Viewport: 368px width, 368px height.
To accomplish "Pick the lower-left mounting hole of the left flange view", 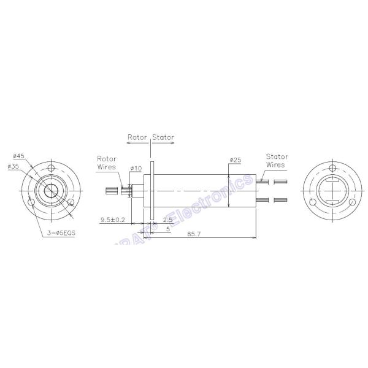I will tap(29, 201).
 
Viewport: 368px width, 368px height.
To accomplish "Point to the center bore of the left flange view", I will tap(52, 191).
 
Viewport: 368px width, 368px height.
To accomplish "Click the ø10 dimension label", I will tap(136, 167).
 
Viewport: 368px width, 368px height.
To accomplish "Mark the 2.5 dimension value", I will tap(167, 220).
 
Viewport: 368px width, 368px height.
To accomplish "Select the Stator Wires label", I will tap(275, 161).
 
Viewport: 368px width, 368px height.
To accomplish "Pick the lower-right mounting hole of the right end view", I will tap(355, 201).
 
